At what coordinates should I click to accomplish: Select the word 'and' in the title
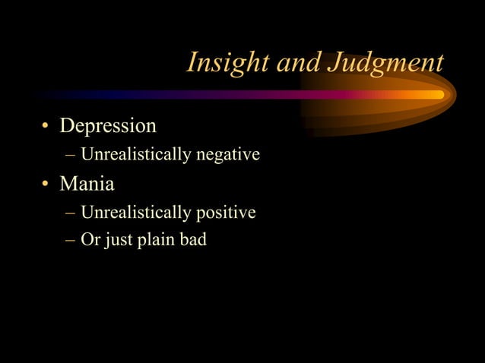[x=299, y=63]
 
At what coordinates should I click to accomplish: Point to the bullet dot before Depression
[x=46, y=126]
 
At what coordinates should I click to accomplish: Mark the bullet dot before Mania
[x=46, y=185]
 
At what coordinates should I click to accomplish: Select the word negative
[x=228, y=156]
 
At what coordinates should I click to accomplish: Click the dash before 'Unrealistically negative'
[x=71, y=156]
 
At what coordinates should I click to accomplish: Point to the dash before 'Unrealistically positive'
[x=71, y=213]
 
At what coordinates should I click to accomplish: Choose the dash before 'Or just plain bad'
[x=71, y=241]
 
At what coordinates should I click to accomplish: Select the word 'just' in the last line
[x=119, y=241]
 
